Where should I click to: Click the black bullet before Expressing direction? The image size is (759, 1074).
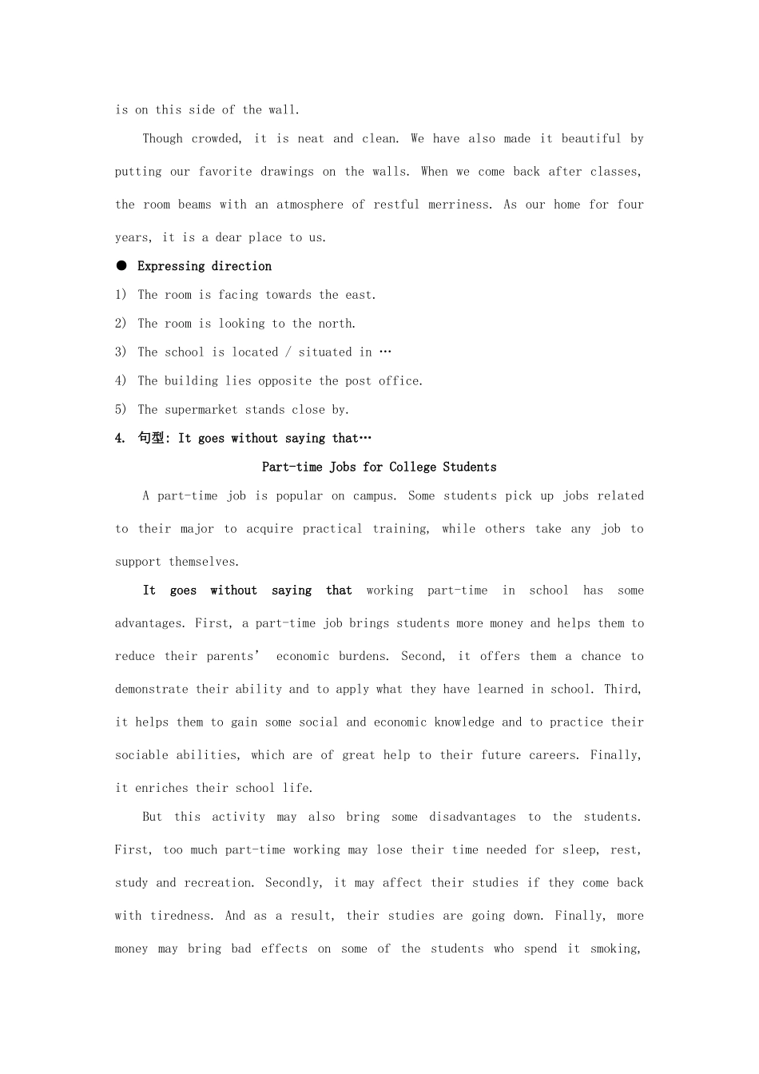coord(121,265)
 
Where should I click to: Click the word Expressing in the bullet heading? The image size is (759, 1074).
coord(171,266)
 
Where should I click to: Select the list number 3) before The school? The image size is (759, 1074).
coord(121,352)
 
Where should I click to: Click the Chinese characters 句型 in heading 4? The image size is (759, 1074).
coord(150,438)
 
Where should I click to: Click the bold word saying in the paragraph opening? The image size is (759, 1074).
coord(292,591)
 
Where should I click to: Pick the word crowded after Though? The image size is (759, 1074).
coord(215,139)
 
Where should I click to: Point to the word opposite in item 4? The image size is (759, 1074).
coord(285,381)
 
